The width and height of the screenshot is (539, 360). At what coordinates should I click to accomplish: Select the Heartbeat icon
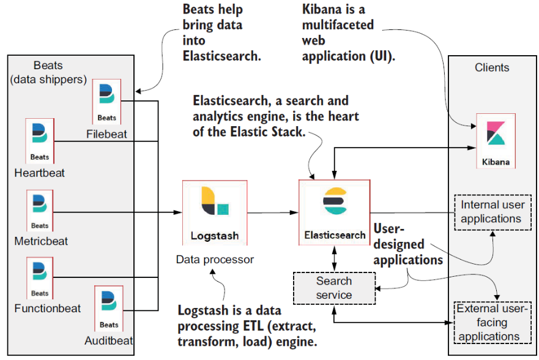pyautogui.click(x=40, y=141)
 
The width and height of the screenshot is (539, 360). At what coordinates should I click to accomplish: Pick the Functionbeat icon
pyautogui.click(x=40, y=279)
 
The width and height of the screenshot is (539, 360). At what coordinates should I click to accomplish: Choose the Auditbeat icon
pyautogui.click(x=109, y=308)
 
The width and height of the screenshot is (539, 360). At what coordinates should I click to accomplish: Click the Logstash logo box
pyautogui.click(x=214, y=212)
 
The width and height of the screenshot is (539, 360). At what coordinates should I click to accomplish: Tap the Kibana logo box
pyautogui.click(x=495, y=141)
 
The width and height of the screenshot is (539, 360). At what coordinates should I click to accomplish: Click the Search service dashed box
pyautogui.click(x=334, y=288)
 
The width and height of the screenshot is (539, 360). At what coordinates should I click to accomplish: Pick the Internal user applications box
pyautogui.click(x=492, y=212)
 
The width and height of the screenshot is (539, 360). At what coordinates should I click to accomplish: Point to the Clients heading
pyautogui.click(x=492, y=67)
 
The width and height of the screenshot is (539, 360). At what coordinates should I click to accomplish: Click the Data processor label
pyautogui.click(x=215, y=260)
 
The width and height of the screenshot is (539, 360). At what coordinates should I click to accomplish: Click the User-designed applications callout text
pyautogui.click(x=407, y=245)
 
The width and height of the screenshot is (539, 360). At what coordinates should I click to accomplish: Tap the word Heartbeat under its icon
pyautogui.click(x=40, y=173)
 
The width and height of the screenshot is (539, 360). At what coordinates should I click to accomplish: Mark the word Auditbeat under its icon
pyautogui.click(x=109, y=340)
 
